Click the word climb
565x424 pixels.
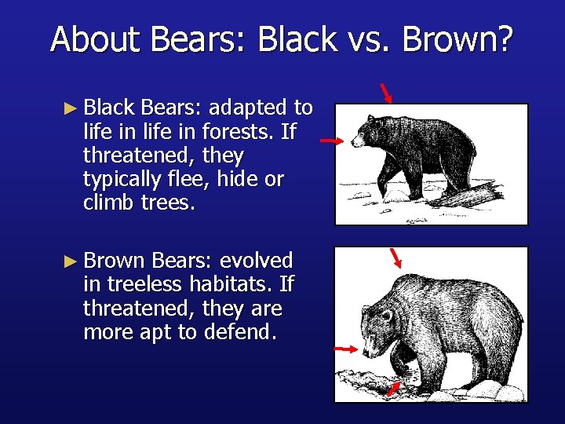point(109,203)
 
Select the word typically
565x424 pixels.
point(125,179)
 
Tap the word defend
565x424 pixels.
point(240,332)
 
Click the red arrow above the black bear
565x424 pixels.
point(386,93)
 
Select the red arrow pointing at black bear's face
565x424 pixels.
point(332,141)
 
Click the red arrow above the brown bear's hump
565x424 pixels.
point(397,258)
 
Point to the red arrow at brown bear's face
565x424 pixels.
point(345,348)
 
